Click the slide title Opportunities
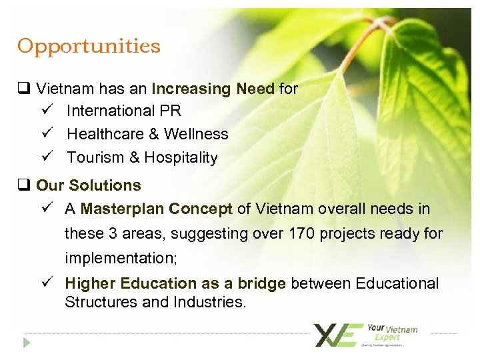(x=89, y=47)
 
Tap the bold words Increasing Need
(x=213, y=89)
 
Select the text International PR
(x=124, y=110)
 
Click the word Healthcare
(x=104, y=134)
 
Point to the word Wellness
(x=196, y=134)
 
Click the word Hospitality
(x=181, y=158)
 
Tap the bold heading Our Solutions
(x=89, y=185)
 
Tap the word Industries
(x=209, y=303)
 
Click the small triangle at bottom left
(x=27, y=343)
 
